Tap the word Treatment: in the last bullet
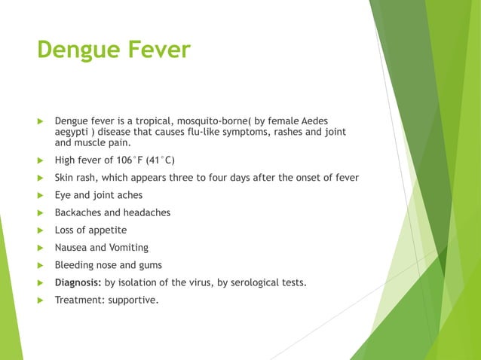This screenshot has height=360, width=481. coord(79,300)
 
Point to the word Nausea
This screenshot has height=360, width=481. coord(70,248)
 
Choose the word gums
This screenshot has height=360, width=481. coord(148,265)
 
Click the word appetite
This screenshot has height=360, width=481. coord(106,230)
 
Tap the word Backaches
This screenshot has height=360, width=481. coord(78,212)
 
